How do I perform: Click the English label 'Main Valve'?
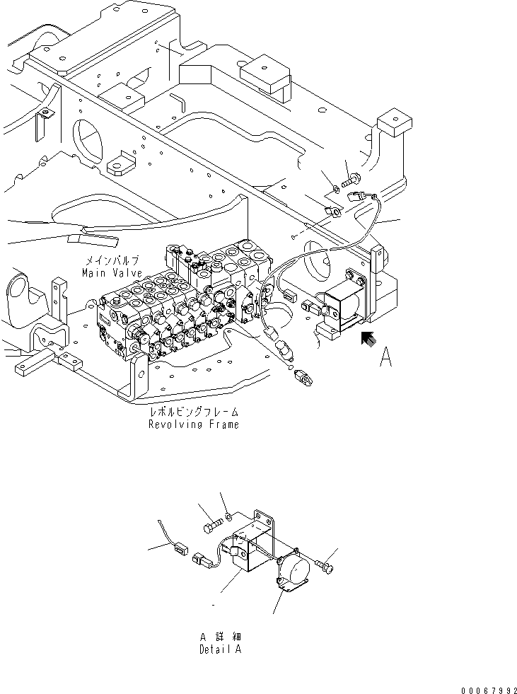click(x=111, y=273)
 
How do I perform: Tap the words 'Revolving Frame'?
click(x=193, y=424)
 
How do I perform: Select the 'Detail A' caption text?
click(x=219, y=649)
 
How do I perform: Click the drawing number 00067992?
click(x=488, y=685)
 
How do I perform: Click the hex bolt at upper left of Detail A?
click(x=210, y=527)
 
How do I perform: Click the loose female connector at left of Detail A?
click(x=180, y=546)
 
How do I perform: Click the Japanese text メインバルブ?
click(x=111, y=261)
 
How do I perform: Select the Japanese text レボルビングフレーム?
click(x=193, y=412)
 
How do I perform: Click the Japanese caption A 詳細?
click(x=220, y=637)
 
